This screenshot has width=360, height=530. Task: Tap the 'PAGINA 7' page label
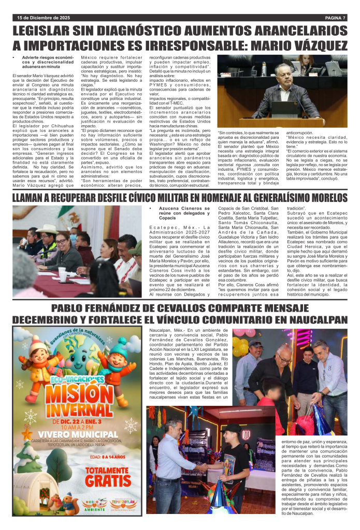pos(330,18)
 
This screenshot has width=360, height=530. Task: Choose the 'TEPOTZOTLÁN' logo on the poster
pos(124,505)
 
